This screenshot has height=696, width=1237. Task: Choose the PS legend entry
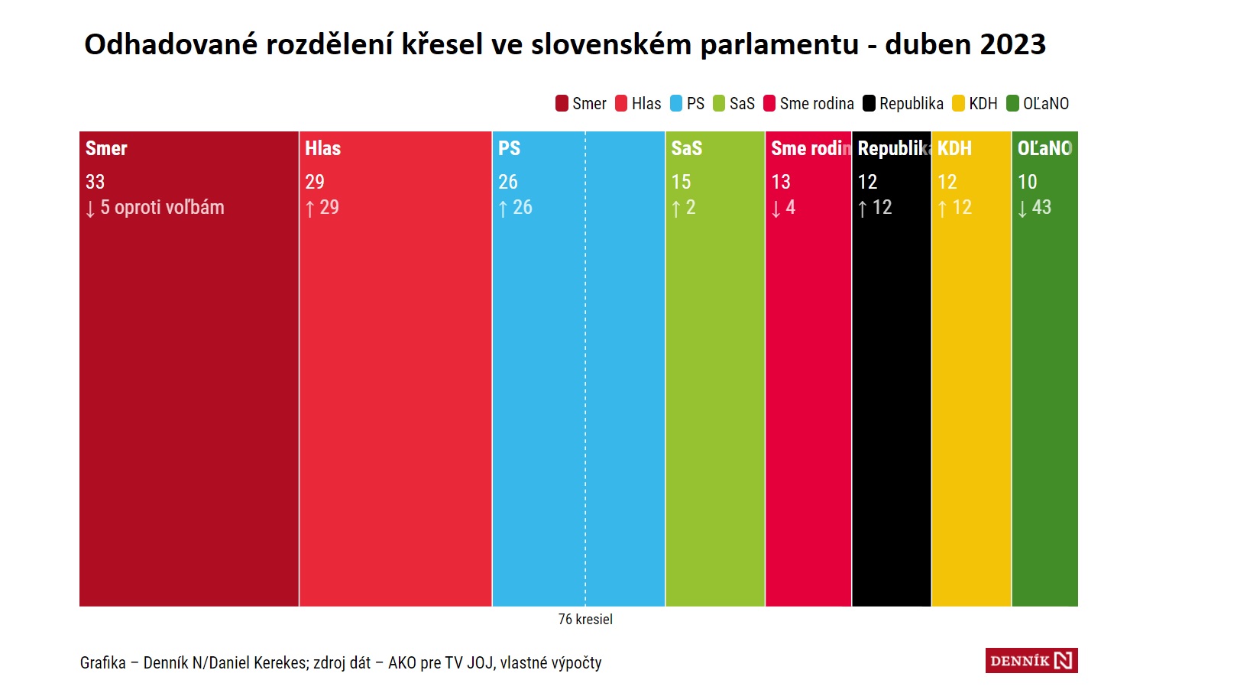[687, 104]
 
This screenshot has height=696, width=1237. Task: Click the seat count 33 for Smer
[95, 182]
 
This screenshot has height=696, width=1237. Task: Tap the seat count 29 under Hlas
[315, 182]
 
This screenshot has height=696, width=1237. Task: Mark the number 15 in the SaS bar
[681, 182]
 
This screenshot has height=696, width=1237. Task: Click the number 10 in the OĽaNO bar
[1027, 182]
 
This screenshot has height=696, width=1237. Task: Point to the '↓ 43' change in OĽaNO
[1035, 207]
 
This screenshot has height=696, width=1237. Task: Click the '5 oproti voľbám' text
[162, 207]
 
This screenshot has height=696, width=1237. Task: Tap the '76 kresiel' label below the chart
[585, 620]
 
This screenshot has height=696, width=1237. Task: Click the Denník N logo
[1031, 661]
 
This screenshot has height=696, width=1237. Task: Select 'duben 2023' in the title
[965, 44]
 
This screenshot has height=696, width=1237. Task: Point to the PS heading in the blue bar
[509, 148]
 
